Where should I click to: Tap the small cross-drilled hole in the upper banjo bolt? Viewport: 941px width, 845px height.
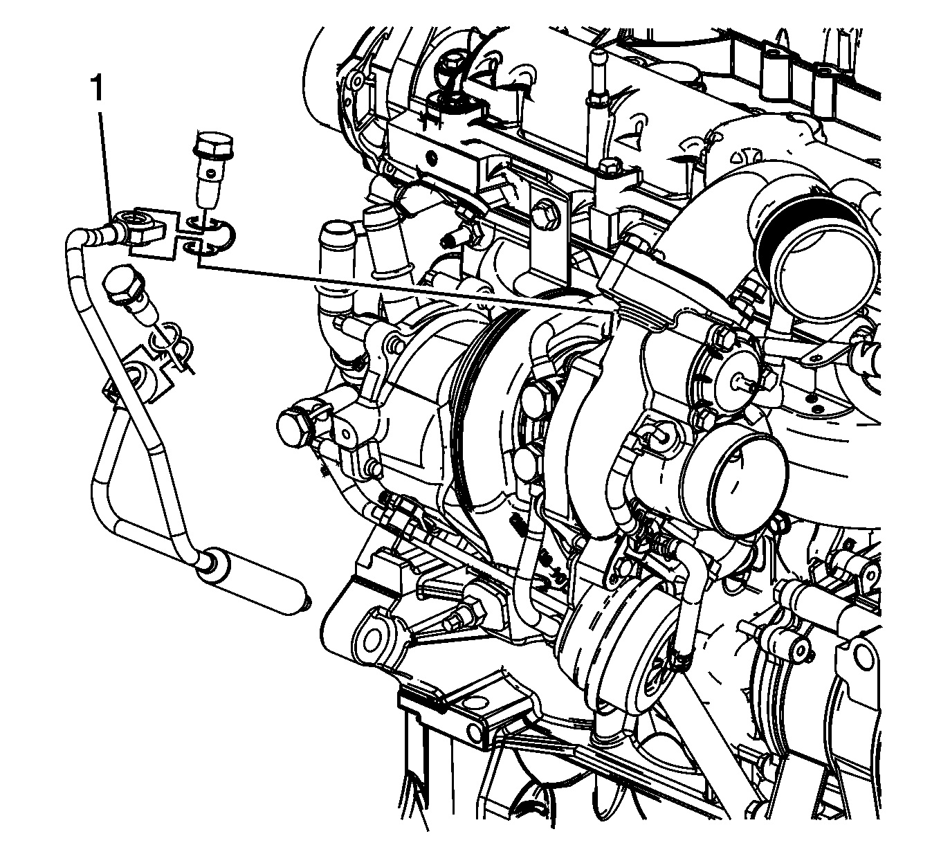click(212, 175)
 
